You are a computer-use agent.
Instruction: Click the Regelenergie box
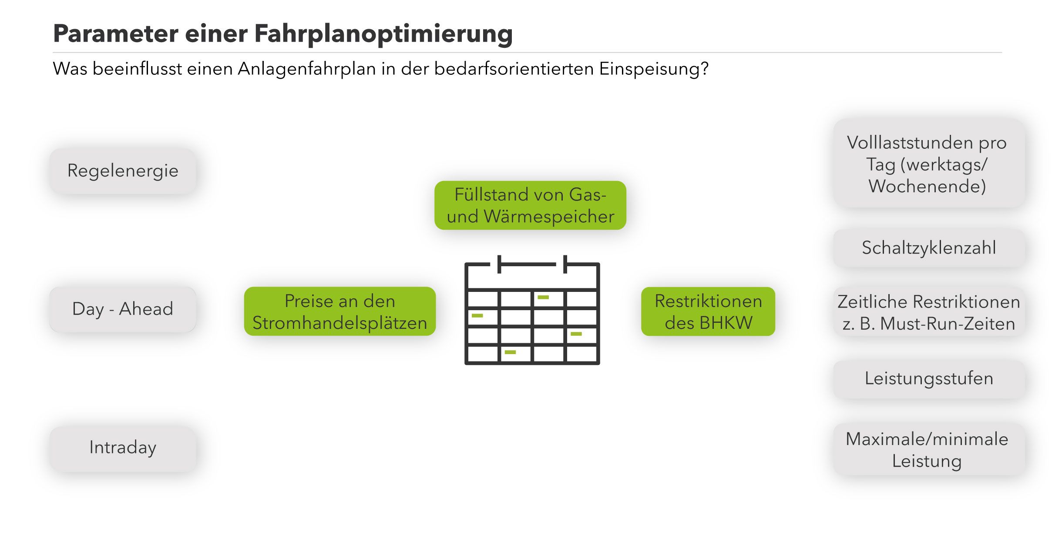point(123,171)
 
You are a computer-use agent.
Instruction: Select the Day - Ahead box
point(123,309)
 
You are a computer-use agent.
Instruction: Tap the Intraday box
point(123,448)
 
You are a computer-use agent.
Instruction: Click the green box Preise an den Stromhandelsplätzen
point(339,311)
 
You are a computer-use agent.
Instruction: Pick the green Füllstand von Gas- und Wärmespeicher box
point(530,205)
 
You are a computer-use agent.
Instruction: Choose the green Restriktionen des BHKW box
point(708,311)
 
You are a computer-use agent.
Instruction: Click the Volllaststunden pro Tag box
point(928,164)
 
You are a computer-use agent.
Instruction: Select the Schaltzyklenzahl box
point(928,248)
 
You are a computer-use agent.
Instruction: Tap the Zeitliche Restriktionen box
point(928,312)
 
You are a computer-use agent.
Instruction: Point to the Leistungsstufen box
point(928,378)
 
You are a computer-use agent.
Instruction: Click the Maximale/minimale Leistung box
point(928,450)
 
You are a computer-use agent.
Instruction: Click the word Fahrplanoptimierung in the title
point(383,34)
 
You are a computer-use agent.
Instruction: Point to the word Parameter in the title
point(115,33)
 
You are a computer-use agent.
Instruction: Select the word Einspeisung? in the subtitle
point(654,69)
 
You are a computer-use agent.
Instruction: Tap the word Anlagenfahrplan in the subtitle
point(306,69)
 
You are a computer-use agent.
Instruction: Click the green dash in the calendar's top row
point(543,298)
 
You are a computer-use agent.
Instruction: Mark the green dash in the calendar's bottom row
point(510,352)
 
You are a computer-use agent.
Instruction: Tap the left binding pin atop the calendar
point(499,264)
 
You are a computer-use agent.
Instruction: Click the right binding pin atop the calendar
point(565,264)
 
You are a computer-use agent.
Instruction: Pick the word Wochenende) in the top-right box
point(927,186)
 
